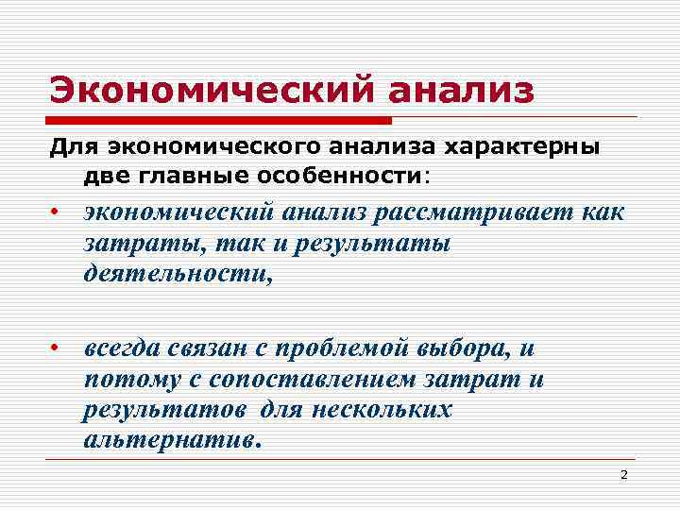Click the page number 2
(623, 474)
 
